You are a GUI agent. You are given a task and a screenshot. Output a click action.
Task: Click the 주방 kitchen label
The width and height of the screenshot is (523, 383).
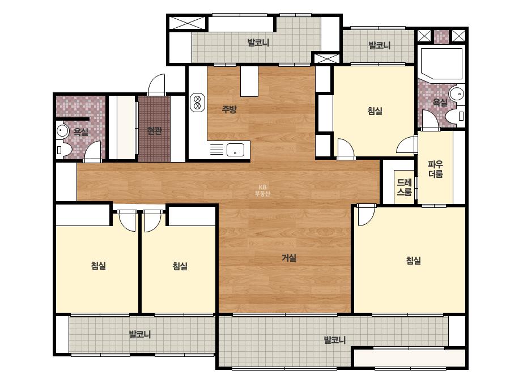pyautogui.click(x=229, y=109)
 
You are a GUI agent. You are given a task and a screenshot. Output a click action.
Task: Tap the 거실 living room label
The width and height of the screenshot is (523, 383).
pyautogui.click(x=289, y=258)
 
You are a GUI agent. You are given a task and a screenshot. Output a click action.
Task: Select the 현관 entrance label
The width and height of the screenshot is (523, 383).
pyautogui.click(x=155, y=131)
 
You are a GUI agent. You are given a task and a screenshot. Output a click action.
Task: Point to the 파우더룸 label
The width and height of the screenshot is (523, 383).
pyautogui.click(x=436, y=169)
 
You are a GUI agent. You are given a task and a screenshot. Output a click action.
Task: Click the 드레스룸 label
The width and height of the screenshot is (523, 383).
pyautogui.click(x=404, y=187)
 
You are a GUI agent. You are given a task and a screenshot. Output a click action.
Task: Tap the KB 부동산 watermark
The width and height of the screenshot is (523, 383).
pyautogui.click(x=262, y=190)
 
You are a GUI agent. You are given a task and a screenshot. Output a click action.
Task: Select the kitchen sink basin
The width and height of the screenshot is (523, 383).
pyautogui.click(x=236, y=150)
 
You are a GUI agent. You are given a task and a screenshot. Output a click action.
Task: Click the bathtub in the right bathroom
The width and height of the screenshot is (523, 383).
pyautogui.click(x=441, y=63)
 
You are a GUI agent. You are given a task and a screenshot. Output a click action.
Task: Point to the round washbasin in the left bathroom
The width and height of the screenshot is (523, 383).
pyautogui.click(x=62, y=130)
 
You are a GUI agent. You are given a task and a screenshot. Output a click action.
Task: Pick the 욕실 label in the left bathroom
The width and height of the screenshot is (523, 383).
pyautogui.click(x=80, y=131)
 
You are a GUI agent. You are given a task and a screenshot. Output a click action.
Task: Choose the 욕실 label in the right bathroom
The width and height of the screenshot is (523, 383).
pyautogui.click(x=440, y=103)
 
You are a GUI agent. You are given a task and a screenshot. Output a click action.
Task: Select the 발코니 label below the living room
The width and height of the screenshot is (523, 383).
pyautogui.click(x=335, y=340)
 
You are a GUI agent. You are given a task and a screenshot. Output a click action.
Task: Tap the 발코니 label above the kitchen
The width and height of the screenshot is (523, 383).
pyautogui.click(x=258, y=42)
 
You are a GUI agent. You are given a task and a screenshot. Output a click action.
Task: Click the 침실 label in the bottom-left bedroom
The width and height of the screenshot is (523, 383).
pyautogui.click(x=99, y=266)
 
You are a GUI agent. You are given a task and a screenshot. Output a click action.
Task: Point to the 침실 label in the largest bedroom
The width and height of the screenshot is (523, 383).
pyautogui.click(x=414, y=260)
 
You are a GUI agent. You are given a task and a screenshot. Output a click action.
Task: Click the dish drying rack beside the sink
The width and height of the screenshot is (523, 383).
pyautogui.click(x=216, y=149)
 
